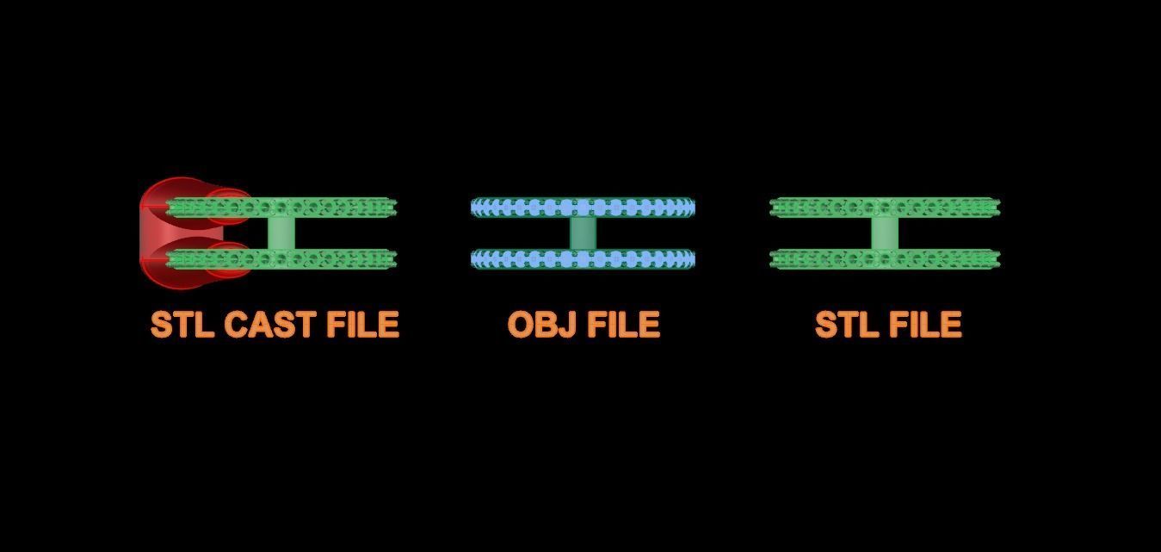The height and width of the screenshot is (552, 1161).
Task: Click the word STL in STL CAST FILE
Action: [182, 325]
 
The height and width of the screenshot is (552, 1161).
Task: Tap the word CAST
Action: [269, 325]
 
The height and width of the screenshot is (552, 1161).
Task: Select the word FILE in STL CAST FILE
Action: [363, 325]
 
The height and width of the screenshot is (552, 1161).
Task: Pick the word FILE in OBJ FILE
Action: [623, 325]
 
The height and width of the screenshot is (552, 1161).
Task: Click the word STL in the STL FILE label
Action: [847, 325]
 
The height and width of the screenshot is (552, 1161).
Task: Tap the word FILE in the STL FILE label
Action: [926, 325]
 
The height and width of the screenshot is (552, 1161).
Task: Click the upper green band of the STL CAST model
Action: [281, 208]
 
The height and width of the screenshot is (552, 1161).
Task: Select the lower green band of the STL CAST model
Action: [281, 259]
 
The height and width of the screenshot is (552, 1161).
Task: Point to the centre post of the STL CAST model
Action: [281, 233]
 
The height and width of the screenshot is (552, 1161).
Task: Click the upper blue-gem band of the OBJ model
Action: [583, 208]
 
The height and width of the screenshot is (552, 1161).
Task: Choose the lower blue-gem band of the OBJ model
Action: [583, 259]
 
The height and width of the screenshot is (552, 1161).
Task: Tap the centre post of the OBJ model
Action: [584, 233]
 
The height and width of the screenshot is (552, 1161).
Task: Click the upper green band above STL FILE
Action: [885, 208]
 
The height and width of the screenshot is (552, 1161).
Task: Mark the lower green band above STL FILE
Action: [885, 259]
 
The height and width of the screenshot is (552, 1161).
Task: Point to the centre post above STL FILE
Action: [885, 233]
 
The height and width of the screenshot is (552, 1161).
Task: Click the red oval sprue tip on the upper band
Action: [229, 207]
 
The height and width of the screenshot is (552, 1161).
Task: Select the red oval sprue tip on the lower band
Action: [229, 260]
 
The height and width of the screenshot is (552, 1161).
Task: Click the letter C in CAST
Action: [236, 325]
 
